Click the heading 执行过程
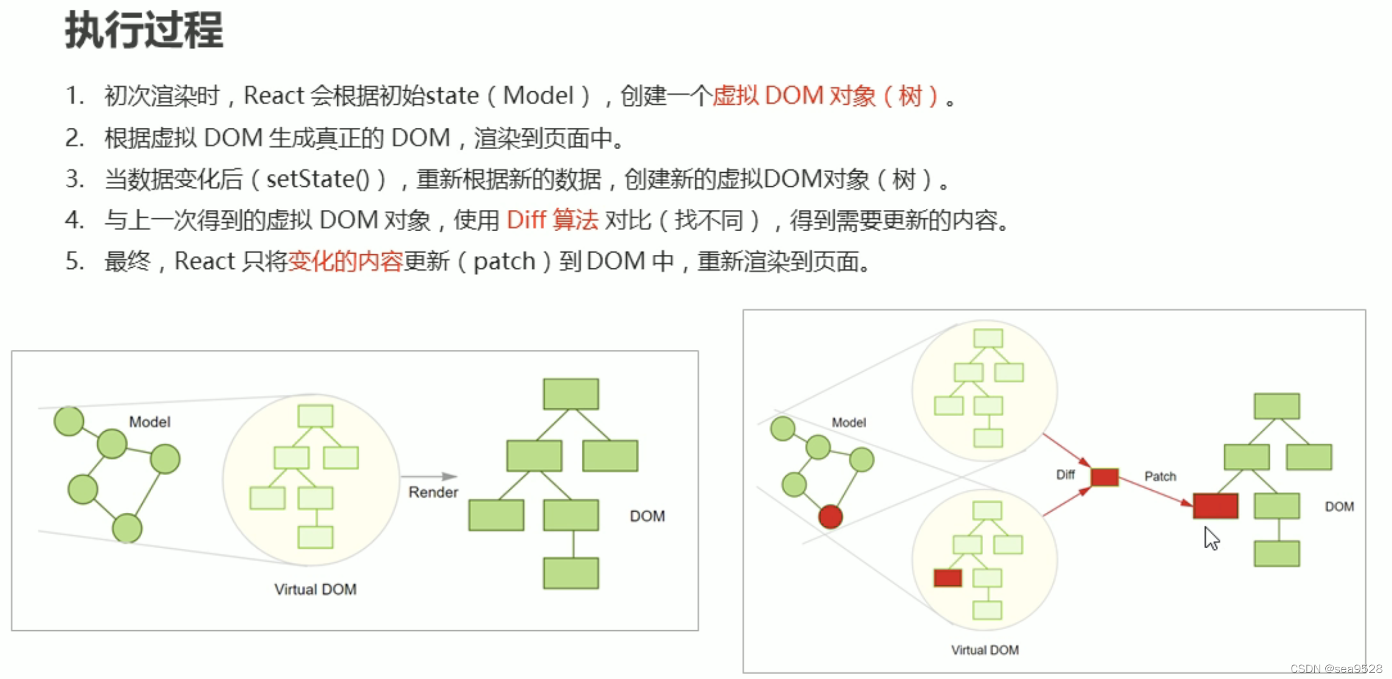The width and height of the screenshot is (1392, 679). (x=144, y=30)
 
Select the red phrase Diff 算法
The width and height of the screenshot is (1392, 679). (x=552, y=220)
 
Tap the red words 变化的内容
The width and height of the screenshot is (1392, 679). (x=345, y=262)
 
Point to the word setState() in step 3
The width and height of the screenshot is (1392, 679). (x=317, y=179)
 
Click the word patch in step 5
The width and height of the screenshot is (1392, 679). (x=504, y=262)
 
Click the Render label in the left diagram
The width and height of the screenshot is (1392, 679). (x=433, y=492)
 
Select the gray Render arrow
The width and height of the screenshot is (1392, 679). (x=429, y=476)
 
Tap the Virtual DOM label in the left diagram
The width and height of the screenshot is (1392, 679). (x=315, y=589)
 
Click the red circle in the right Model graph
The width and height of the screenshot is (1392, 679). (x=830, y=517)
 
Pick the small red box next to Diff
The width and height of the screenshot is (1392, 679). (x=1104, y=477)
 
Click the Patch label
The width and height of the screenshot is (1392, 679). (x=1160, y=476)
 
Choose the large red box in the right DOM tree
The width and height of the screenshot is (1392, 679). (x=1215, y=506)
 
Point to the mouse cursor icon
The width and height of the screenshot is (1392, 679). (x=1211, y=538)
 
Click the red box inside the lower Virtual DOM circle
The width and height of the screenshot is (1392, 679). (x=947, y=577)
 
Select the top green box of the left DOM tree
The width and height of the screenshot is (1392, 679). (x=571, y=394)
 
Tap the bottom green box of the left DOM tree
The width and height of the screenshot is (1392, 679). (x=571, y=573)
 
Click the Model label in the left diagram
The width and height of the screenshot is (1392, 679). (x=150, y=422)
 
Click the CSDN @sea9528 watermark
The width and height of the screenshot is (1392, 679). (x=1335, y=669)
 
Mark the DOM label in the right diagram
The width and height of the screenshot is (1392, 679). (x=1339, y=507)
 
